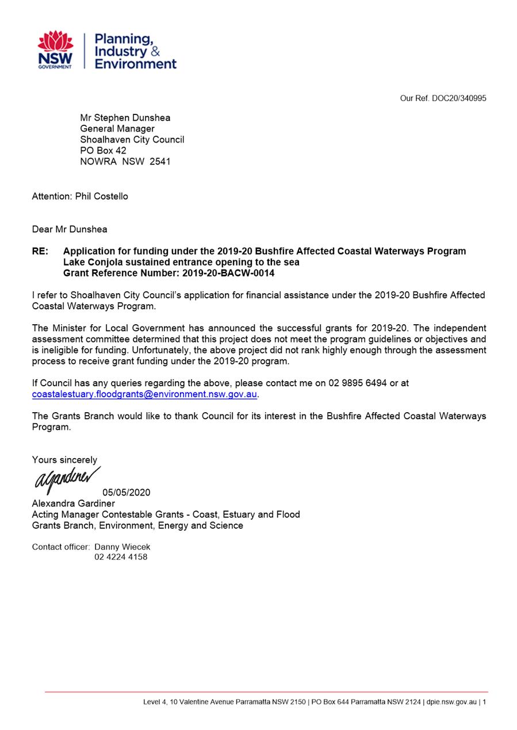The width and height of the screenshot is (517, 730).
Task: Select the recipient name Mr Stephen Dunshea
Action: [125, 118]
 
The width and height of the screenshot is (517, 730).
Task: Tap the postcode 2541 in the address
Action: [160, 162]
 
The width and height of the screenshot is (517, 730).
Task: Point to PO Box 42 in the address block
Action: [103, 151]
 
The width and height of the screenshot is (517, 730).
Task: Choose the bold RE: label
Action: [40, 251]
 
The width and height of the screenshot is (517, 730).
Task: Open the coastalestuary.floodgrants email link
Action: [144, 394]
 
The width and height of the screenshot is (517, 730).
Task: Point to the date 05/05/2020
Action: [127, 493]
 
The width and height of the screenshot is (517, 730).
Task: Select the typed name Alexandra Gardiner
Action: [73, 504]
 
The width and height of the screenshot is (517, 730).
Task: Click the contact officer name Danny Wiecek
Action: [122, 547]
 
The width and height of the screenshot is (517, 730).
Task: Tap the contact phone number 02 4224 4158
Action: [121, 557]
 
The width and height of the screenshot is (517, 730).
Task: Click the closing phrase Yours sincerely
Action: [64, 460]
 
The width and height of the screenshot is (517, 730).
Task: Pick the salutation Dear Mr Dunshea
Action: [70, 229]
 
